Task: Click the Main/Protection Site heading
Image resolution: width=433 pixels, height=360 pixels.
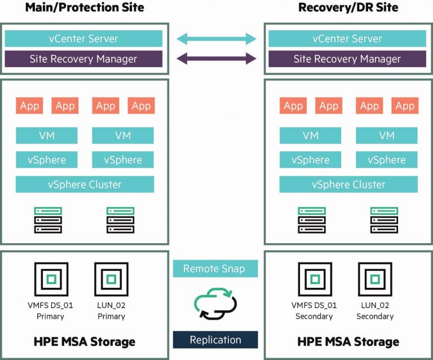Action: [85, 7]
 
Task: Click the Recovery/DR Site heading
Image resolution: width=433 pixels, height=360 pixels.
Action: [348, 7]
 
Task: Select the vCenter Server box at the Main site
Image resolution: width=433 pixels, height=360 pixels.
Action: [83, 38]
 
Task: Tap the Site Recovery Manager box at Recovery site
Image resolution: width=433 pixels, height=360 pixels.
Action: [347, 59]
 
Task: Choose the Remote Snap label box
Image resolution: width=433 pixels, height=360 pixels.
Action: [215, 269]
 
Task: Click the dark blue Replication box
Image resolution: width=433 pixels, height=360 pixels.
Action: [215, 340]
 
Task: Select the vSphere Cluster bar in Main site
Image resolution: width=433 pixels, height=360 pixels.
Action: [85, 185]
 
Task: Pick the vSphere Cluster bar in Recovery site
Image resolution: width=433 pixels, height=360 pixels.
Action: [348, 185]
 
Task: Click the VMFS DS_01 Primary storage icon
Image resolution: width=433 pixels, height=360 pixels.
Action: [51, 279]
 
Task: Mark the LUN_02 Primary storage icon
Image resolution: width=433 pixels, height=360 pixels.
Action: [111, 279]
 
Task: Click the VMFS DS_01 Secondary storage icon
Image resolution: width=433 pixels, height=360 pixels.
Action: [314, 279]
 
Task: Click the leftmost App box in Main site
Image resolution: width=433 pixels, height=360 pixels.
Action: [29, 106]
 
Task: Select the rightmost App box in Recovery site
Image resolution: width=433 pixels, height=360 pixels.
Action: [405, 106]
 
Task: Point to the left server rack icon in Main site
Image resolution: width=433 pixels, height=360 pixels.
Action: [48, 220]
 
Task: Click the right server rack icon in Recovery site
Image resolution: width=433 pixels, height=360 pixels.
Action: [384, 220]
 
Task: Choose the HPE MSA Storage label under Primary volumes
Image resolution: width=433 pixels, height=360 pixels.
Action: [85, 341]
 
